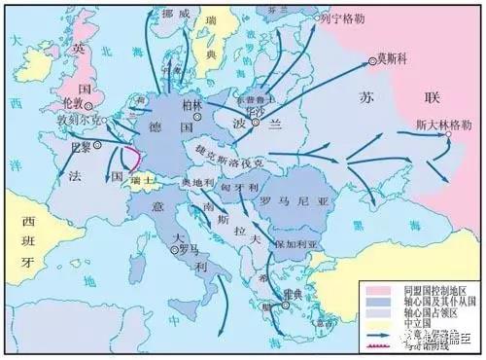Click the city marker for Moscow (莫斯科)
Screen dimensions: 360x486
371,63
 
